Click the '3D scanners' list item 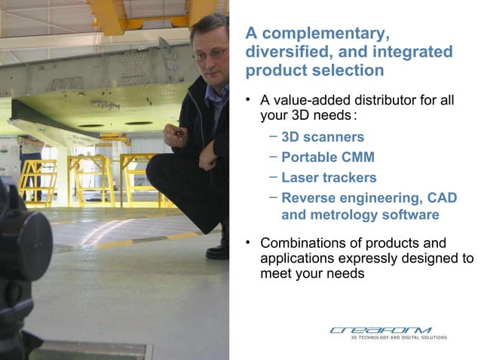click(x=323, y=137)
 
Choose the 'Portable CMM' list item click(x=327, y=157)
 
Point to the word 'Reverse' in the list click(x=309, y=198)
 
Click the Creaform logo click(x=380, y=330)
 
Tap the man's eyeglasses click(x=209, y=54)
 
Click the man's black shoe click(x=219, y=249)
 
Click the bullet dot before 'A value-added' click(x=249, y=99)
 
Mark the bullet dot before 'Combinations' click(x=249, y=242)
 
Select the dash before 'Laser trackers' click(x=272, y=177)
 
